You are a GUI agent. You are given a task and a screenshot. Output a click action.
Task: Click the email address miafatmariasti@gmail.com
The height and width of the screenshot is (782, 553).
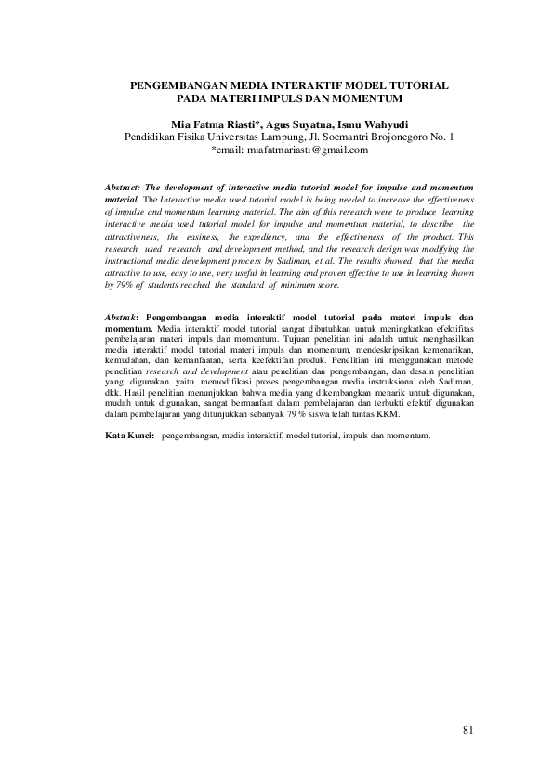[x=301, y=150]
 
